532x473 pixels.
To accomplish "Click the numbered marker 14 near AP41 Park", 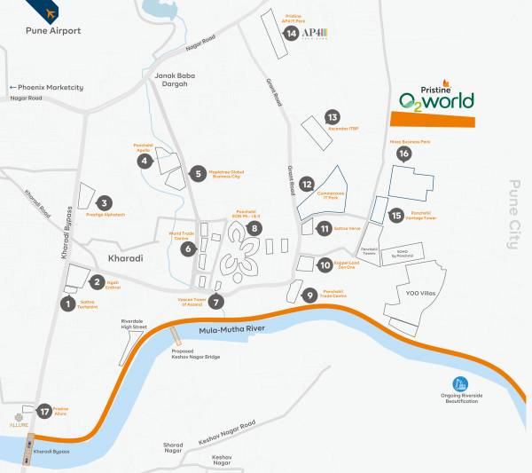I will point(291,34).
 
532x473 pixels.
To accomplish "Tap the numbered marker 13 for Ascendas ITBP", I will point(332,117).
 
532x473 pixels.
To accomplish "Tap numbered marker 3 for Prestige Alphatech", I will point(105,202).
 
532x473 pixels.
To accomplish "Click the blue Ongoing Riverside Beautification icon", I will point(459,384).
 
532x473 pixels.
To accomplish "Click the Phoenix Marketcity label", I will point(46,87).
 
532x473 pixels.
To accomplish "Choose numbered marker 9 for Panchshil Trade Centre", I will point(309,296).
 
